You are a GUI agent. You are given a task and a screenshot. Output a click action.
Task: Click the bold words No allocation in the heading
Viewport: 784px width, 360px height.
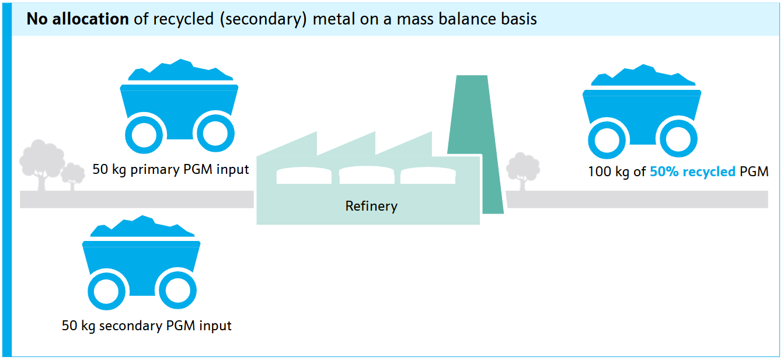point(77,19)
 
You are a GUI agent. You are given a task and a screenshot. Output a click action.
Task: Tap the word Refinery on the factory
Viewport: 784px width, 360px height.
point(371,206)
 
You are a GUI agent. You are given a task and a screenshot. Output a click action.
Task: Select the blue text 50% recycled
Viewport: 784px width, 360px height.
point(692,172)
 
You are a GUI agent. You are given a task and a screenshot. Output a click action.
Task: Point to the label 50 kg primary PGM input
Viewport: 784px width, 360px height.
point(170,170)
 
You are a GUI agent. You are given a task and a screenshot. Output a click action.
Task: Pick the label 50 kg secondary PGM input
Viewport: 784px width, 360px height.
point(147,326)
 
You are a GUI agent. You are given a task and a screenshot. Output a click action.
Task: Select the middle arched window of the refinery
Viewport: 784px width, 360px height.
point(367,176)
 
